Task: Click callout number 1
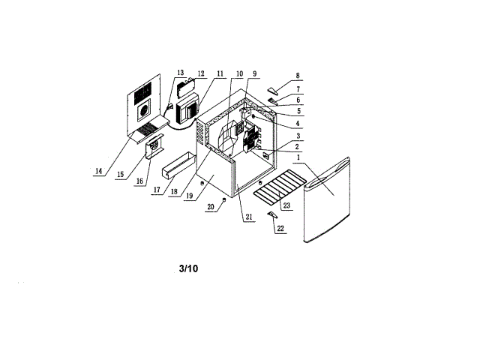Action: click(298, 159)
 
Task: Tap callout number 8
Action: click(298, 76)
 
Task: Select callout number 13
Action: click(180, 73)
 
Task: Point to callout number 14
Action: click(98, 171)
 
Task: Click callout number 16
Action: click(139, 181)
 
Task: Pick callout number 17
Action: click(156, 190)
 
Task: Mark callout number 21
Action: click(249, 218)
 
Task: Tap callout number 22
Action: click(280, 228)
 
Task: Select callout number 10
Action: click(239, 74)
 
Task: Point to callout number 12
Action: click(201, 73)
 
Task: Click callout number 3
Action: click(298, 136)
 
